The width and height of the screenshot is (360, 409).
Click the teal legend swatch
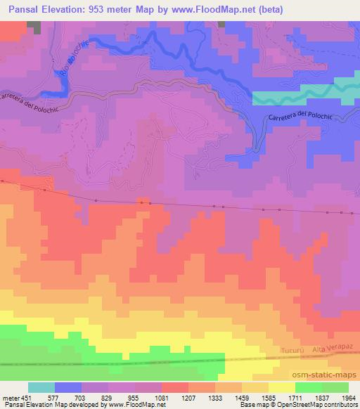click(41, 387)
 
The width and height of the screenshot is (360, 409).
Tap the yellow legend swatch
click(281, 387)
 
